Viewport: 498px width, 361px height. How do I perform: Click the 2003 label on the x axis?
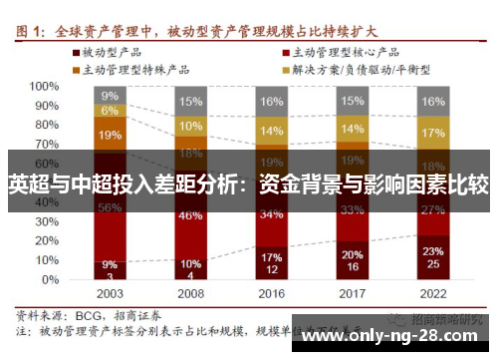(110, 294)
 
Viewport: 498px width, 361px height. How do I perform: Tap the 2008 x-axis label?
(190, 294)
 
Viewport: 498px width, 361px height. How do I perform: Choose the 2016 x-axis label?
(271, 294)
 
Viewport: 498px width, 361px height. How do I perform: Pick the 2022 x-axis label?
(432, 294)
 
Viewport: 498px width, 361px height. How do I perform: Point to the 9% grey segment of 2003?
(110, 96)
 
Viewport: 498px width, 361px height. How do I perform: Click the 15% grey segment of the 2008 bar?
(190, 101)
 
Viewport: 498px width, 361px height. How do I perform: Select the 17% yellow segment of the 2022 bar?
(432, 133)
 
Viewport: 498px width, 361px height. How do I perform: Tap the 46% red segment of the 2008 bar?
(190, 214)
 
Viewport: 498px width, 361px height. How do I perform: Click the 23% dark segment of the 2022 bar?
(432, 256)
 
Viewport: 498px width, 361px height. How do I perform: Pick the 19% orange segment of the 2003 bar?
(110, 134)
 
